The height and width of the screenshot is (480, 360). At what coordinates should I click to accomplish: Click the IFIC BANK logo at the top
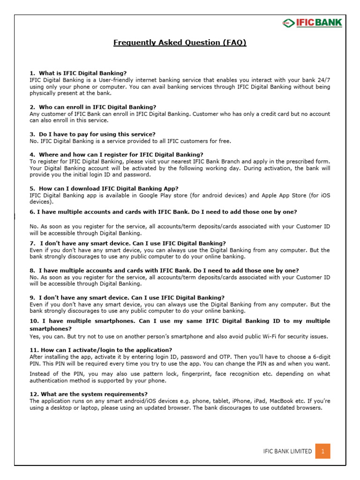(x=312, y=23)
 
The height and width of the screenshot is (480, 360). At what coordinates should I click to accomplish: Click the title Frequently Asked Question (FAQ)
(x=180, y=43)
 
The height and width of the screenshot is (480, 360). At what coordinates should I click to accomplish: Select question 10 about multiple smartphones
(x=180, y=324)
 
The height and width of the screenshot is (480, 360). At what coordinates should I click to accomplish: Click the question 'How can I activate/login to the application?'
(x=100, y=350)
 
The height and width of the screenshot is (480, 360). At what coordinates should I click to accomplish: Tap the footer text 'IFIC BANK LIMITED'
(x=287, y=451)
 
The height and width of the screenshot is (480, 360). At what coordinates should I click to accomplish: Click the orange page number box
(x=322, y=451)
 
